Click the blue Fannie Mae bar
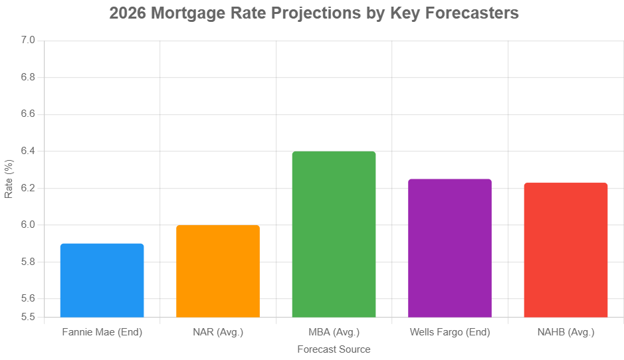[x=102, y=280]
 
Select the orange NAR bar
[x=218, y=271]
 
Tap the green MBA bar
[x=334, y=234]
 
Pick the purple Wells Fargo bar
[x=449, y=248]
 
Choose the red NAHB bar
[x=566, y=250]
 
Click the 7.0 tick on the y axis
[x=27, y=41]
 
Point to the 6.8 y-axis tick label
[x=27, y=78]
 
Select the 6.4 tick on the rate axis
[x=27, y=151]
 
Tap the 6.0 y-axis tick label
[x=27, y=225]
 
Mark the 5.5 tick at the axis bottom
[x=27, y=317]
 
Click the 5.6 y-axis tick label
[x=27, y=299]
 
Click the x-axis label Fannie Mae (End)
[x=102, y=331]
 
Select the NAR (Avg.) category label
[x=218, y=331]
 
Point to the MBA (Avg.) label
[x=334, y=331]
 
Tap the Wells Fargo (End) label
[x=449, y=331]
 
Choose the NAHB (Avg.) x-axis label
[x=566, y=331]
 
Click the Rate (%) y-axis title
[x=9, y=179]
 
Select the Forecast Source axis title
[x=334, y=349]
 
